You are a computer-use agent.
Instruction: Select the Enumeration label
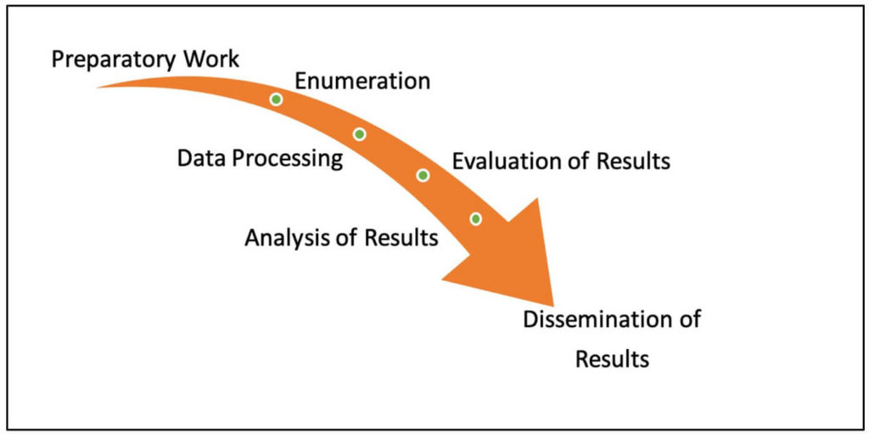pyautogui.click(x=362, y=82)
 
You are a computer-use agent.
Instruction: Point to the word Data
pyautogui.click(x=200, y=158)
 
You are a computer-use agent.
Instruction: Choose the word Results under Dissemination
pyautogui.click(x=612, y=359)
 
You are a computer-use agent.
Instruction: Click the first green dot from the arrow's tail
pyautogui.click(x=276, y=99)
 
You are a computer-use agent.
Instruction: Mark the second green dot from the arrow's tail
pyautogui.click(x=359, y=134)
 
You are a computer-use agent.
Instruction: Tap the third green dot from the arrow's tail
pyautogui.click(x=423, y=175)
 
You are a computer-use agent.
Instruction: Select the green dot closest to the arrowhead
pyautogui.click(x=475, y=219)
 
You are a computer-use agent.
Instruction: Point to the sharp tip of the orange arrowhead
pyautogui.click(x=553, y=306)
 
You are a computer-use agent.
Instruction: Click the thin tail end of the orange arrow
pyautogui.click(x=98, y=87)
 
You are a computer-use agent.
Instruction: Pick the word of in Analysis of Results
pyautogui.click(x=345, y=237)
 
